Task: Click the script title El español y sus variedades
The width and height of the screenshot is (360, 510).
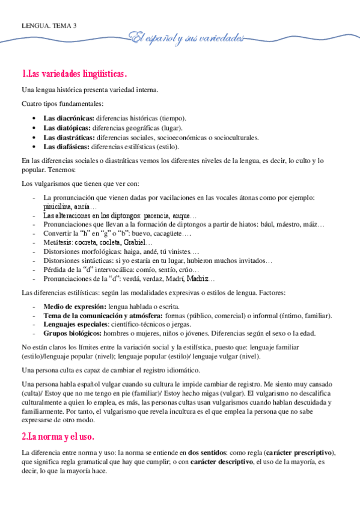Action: (x=189, y=38)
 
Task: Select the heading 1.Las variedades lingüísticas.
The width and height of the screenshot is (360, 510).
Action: (x=74, y=75)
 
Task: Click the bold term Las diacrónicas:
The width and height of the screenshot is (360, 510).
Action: (x=69, y=118)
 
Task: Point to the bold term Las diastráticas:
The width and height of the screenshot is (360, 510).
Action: (x=69, y=137)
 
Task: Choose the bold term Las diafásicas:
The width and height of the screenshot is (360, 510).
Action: (x=67, y=146)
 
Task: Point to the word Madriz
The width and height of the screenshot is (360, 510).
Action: (x=197, y=279)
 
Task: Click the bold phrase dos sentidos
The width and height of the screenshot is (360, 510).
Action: (x=209, y=452)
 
